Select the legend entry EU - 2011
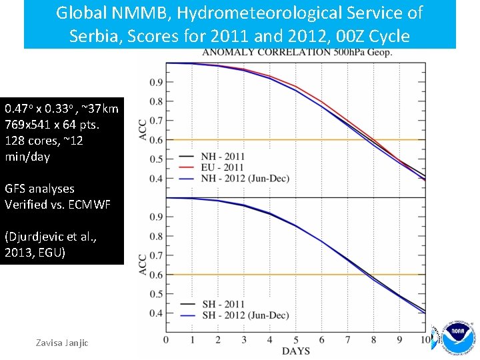tap(223, 167)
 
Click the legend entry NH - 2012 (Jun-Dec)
tap(241, 177)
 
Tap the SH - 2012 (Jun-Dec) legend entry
tap(240, 315)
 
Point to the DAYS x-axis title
tap(295, 351)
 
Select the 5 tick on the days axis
tap(295, 340)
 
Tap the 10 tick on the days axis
tap(425, 340)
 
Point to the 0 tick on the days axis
tap(166, 340)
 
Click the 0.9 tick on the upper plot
tap(156, 83)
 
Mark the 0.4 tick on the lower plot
tap(156, 313)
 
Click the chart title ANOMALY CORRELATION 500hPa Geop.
tap(297, 53)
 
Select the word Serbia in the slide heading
tap(91, 35)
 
